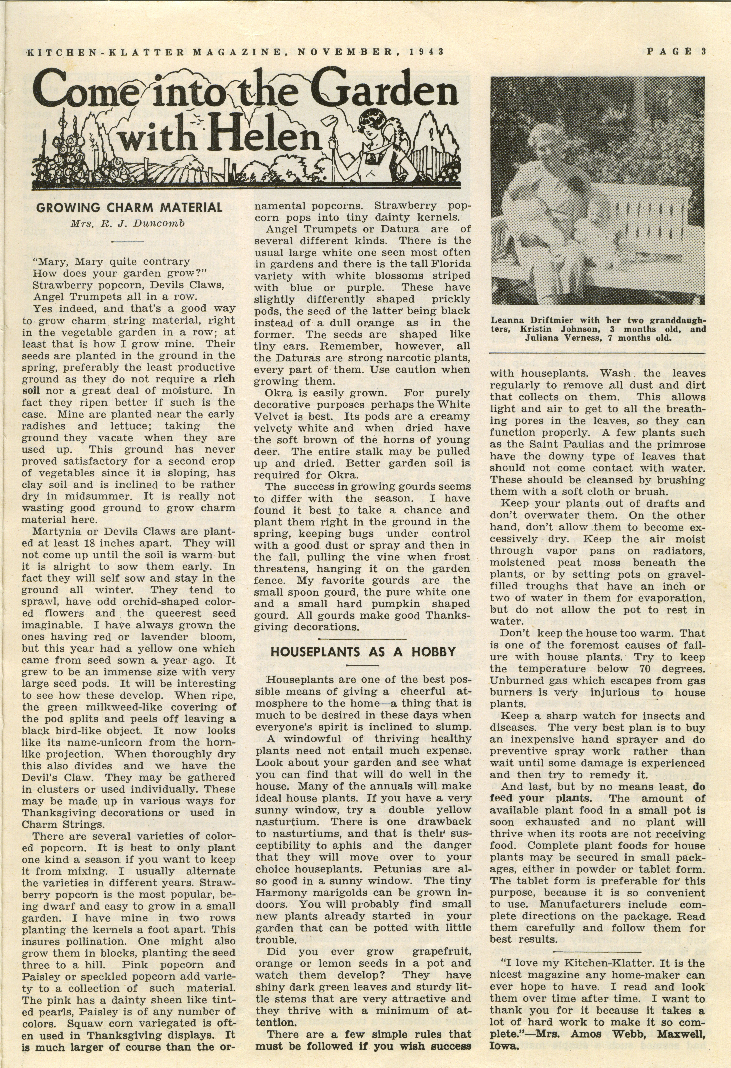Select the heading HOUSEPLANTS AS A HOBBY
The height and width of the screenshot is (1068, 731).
coord(363,652)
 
